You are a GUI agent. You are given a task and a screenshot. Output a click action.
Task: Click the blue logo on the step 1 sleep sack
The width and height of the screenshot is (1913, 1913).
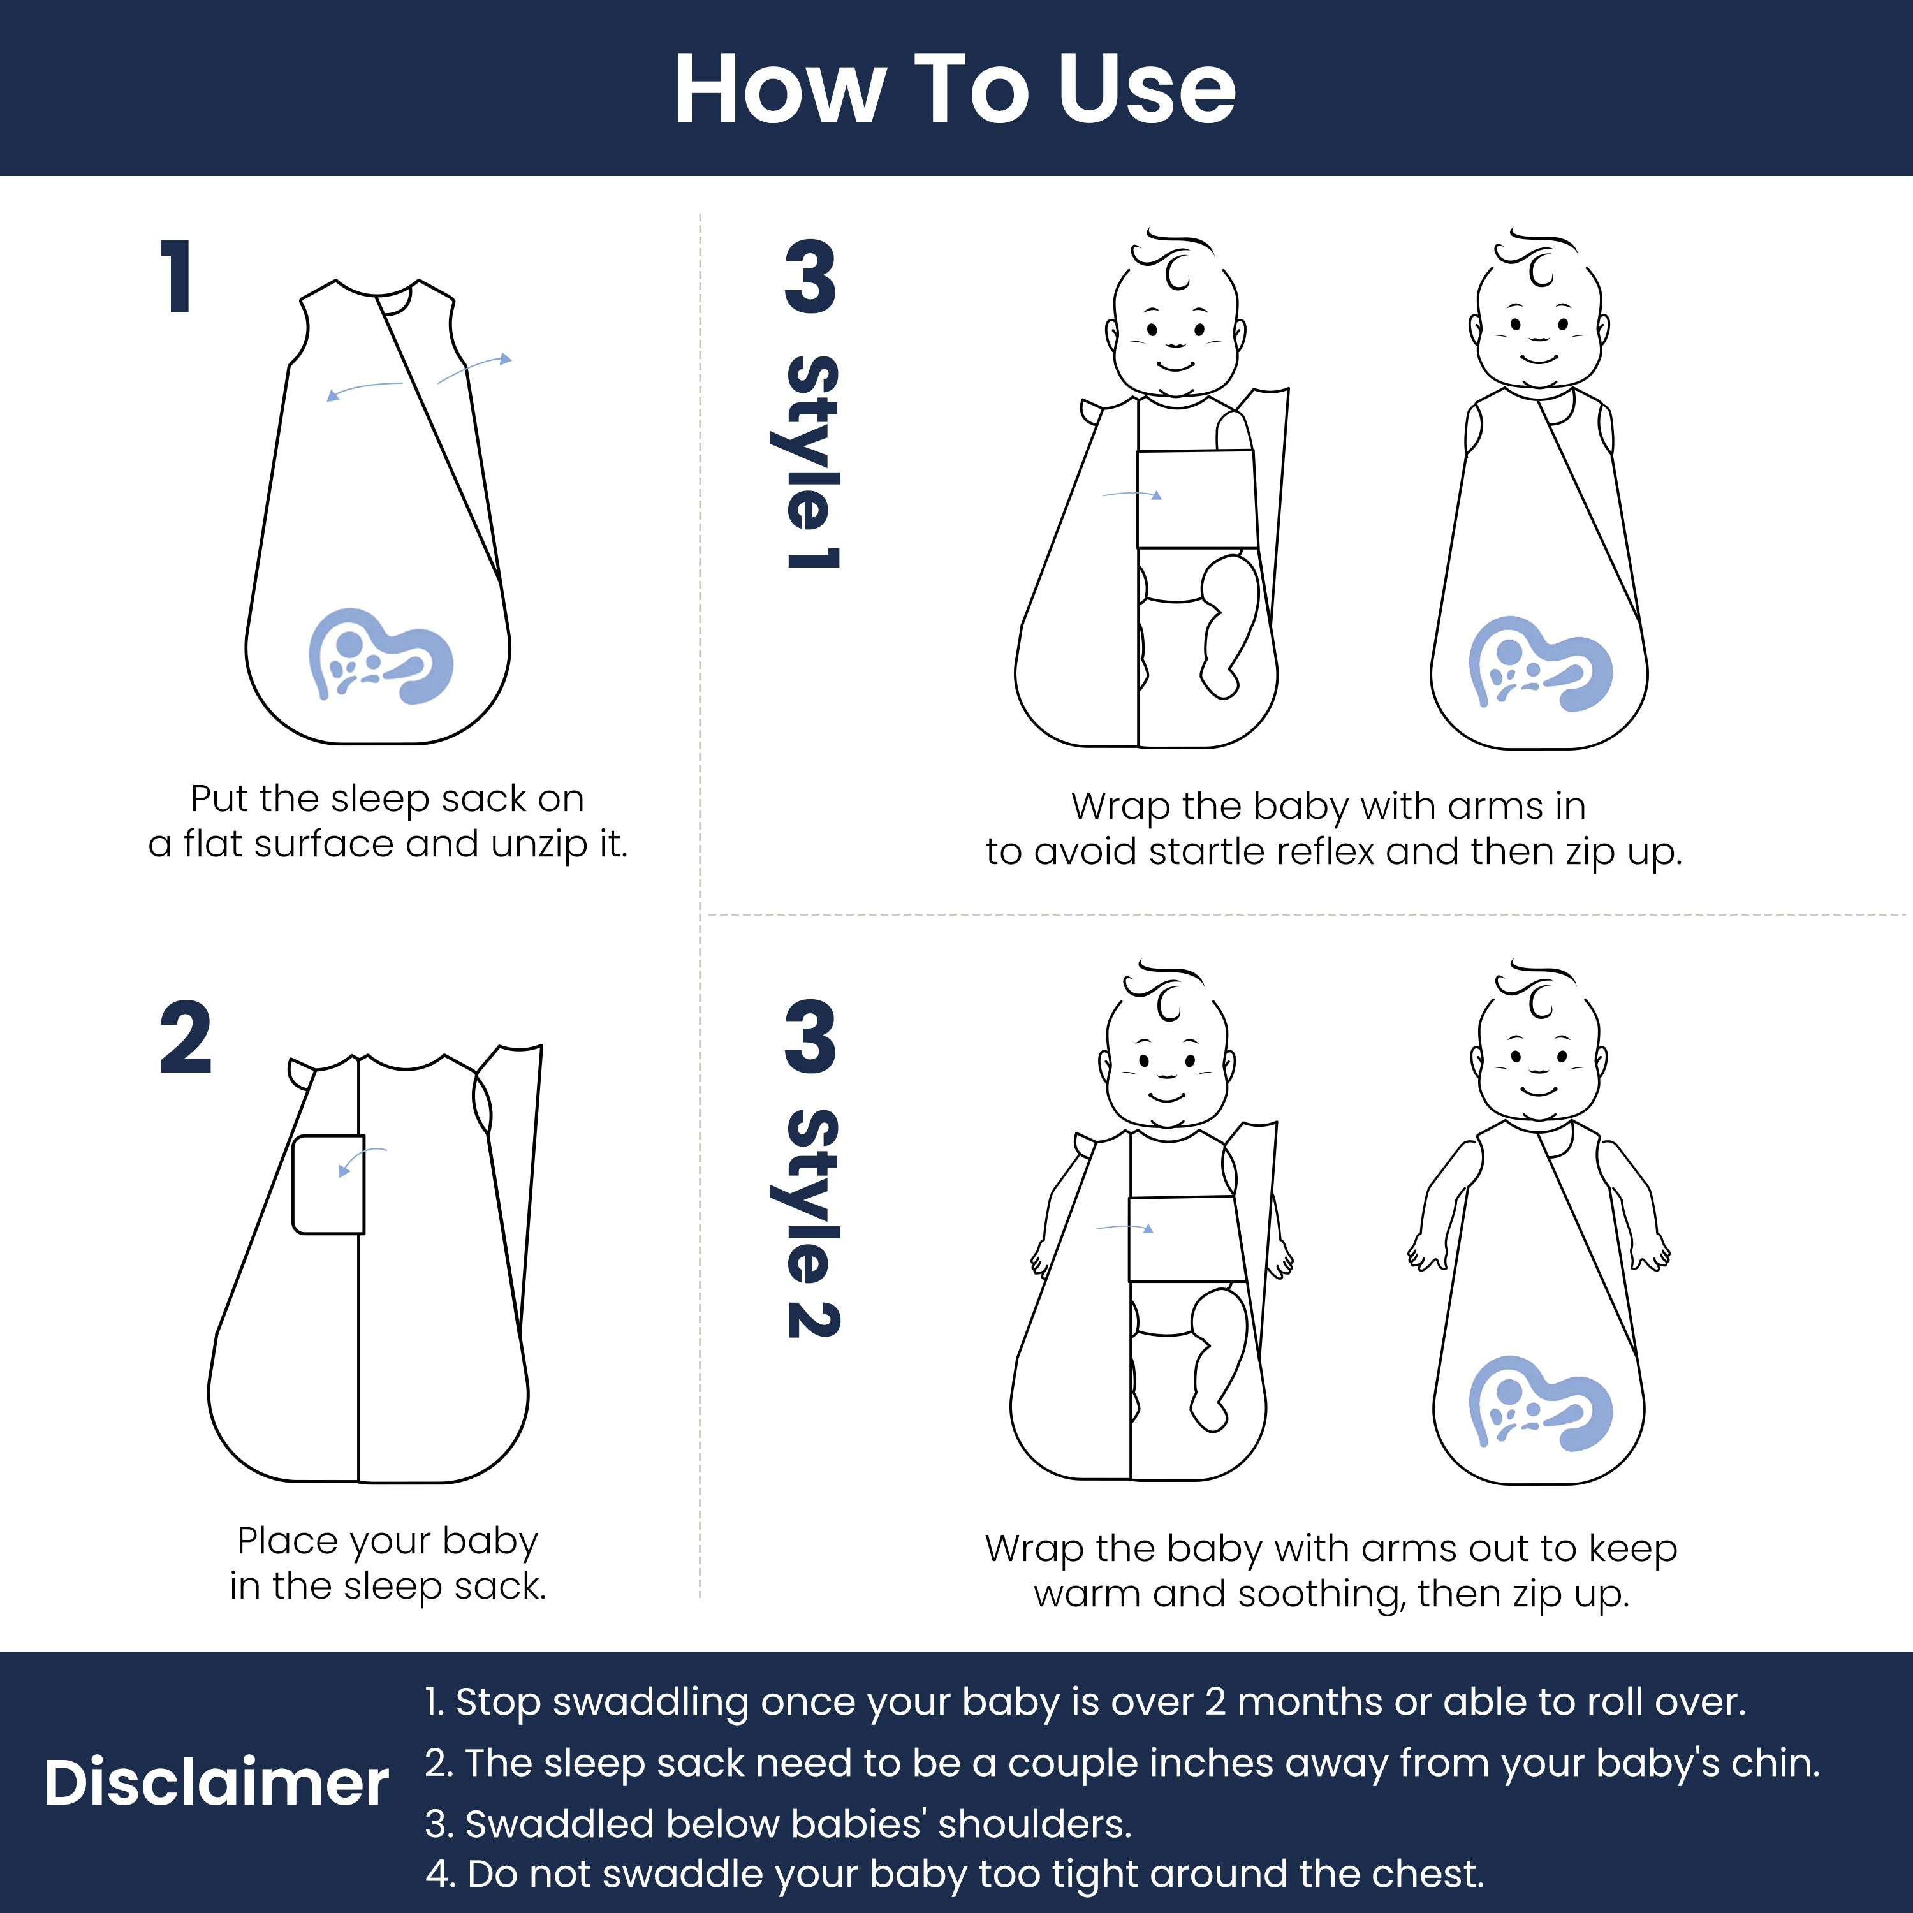[380, 656]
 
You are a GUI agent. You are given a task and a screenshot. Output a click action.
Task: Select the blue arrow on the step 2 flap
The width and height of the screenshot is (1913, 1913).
[358, 1159]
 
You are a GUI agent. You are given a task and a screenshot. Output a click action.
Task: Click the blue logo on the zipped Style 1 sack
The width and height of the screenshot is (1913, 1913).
[1540, 663]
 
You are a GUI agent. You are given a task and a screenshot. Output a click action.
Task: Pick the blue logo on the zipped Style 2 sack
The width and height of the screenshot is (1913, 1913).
[1540, 1403]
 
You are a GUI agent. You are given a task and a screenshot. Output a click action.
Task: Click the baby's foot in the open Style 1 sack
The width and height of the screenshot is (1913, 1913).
[1219, 678]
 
